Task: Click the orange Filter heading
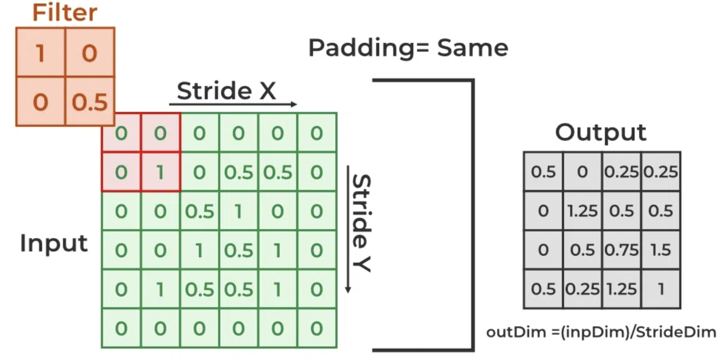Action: pyautogui.click(x=65, y=13)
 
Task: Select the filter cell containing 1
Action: pyautogui.click(x=40, y=52)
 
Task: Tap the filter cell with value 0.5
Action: pyautogui.click(x=90, y=102)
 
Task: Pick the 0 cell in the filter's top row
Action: pyautogui.click(x=90, y=52)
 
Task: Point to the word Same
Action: pyautogui.click(x=472, y=47)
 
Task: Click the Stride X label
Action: pyautogui.click(x=226, y=90)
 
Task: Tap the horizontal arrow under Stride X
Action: pyautogui.click(x=232, y=104)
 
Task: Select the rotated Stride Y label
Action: pyautogui.click(x=361, y=223)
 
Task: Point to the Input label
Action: pyautogui.click(x=54, y=243)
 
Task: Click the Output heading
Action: pyautogui.click(x=600, y=132)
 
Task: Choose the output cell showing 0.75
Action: pyautogui.click(x=622, y=250)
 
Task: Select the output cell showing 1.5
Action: pyautogui.click(x=661, y=250)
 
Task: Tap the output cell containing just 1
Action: pyautogui.click(x=661, y=289)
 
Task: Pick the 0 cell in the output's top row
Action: pyautogui.click(x=582, y=172)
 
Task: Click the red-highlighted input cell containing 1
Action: pyautogui.click(x=160, y=173)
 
